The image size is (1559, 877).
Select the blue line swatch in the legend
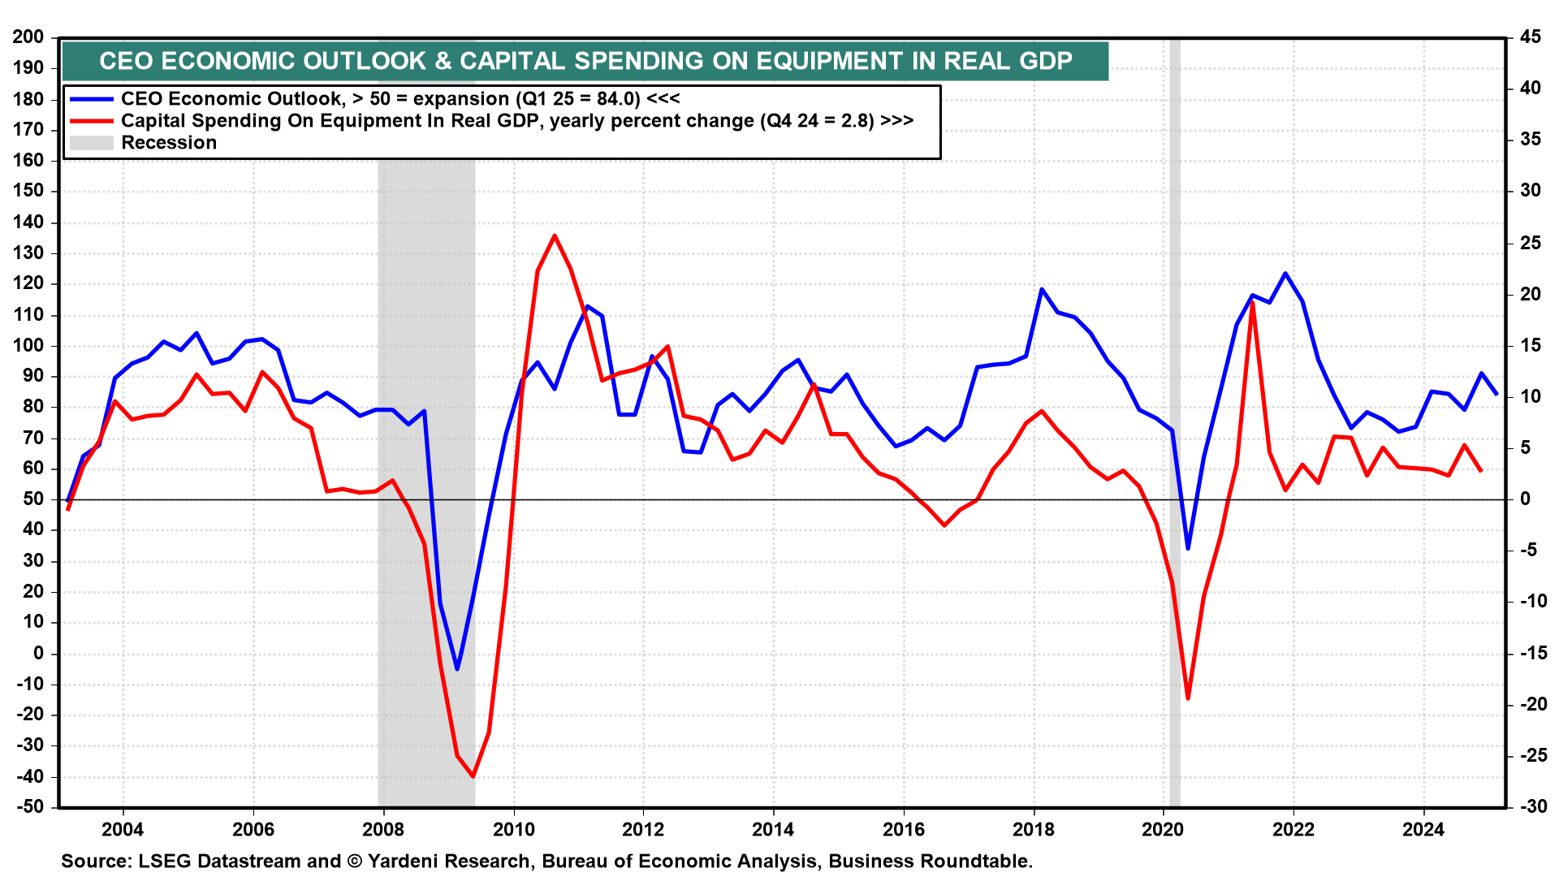[x=91, y=99]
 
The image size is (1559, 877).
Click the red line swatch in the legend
[x=91, y=121]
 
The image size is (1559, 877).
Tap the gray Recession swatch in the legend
[x=91, y=143]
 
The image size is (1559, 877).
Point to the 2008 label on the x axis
[x=383, y=829]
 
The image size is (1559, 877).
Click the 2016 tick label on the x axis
[x=903, y=829]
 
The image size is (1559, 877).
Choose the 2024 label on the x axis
[x=1423, y=829]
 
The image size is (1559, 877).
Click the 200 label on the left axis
[x=28, y=37]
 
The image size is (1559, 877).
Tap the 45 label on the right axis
[x=1531, y=37]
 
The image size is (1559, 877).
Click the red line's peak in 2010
[x=555, y=235]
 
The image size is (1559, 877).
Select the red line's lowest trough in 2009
[x=473, y=777]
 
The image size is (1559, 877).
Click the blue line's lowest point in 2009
[x=457, y=669]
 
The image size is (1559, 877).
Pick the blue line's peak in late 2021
[x=1285, y=273]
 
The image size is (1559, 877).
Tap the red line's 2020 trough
[x=1188, y=698]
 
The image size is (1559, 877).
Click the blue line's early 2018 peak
[x=1042, y=289]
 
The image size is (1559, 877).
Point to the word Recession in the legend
[x=169, y=143]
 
